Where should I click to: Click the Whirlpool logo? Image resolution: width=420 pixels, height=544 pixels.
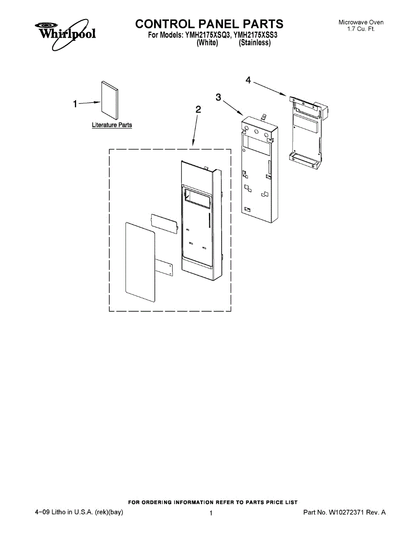pos(63,33)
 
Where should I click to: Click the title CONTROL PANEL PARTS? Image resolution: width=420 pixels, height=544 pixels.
pos(209,24)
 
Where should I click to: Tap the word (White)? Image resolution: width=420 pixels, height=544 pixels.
pos(207,43)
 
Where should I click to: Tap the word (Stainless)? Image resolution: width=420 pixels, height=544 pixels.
pos(255,43)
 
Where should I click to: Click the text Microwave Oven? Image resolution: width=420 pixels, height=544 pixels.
pos(361,22)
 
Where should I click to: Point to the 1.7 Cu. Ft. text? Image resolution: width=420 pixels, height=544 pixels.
pos(361,29)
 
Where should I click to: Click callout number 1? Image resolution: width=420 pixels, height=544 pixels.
pos(76,104)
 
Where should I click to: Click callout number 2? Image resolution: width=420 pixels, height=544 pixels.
pos(198,109)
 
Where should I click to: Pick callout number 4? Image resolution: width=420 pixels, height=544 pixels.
pos(248,80)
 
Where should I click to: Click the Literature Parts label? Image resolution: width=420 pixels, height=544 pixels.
pos(112,125)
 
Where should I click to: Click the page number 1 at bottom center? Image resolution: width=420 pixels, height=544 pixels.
pos(211,513)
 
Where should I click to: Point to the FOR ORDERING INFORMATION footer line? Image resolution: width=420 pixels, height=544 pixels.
pos(213,502)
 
